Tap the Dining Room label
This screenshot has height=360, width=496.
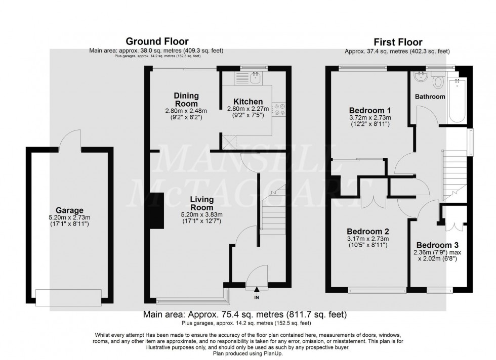[186, 99]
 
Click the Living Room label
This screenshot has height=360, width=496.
[201, 203]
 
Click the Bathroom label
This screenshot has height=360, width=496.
[430, 97]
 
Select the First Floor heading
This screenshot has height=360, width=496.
[397, 42]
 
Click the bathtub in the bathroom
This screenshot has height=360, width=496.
[458, 102]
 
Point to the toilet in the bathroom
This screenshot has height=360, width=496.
[438, 80]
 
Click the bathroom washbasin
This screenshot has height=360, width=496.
[419, 77]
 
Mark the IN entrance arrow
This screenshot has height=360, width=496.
[256, 290]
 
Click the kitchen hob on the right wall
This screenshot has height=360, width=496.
[279, 109]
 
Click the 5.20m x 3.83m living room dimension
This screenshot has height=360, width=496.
[201, 214]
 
